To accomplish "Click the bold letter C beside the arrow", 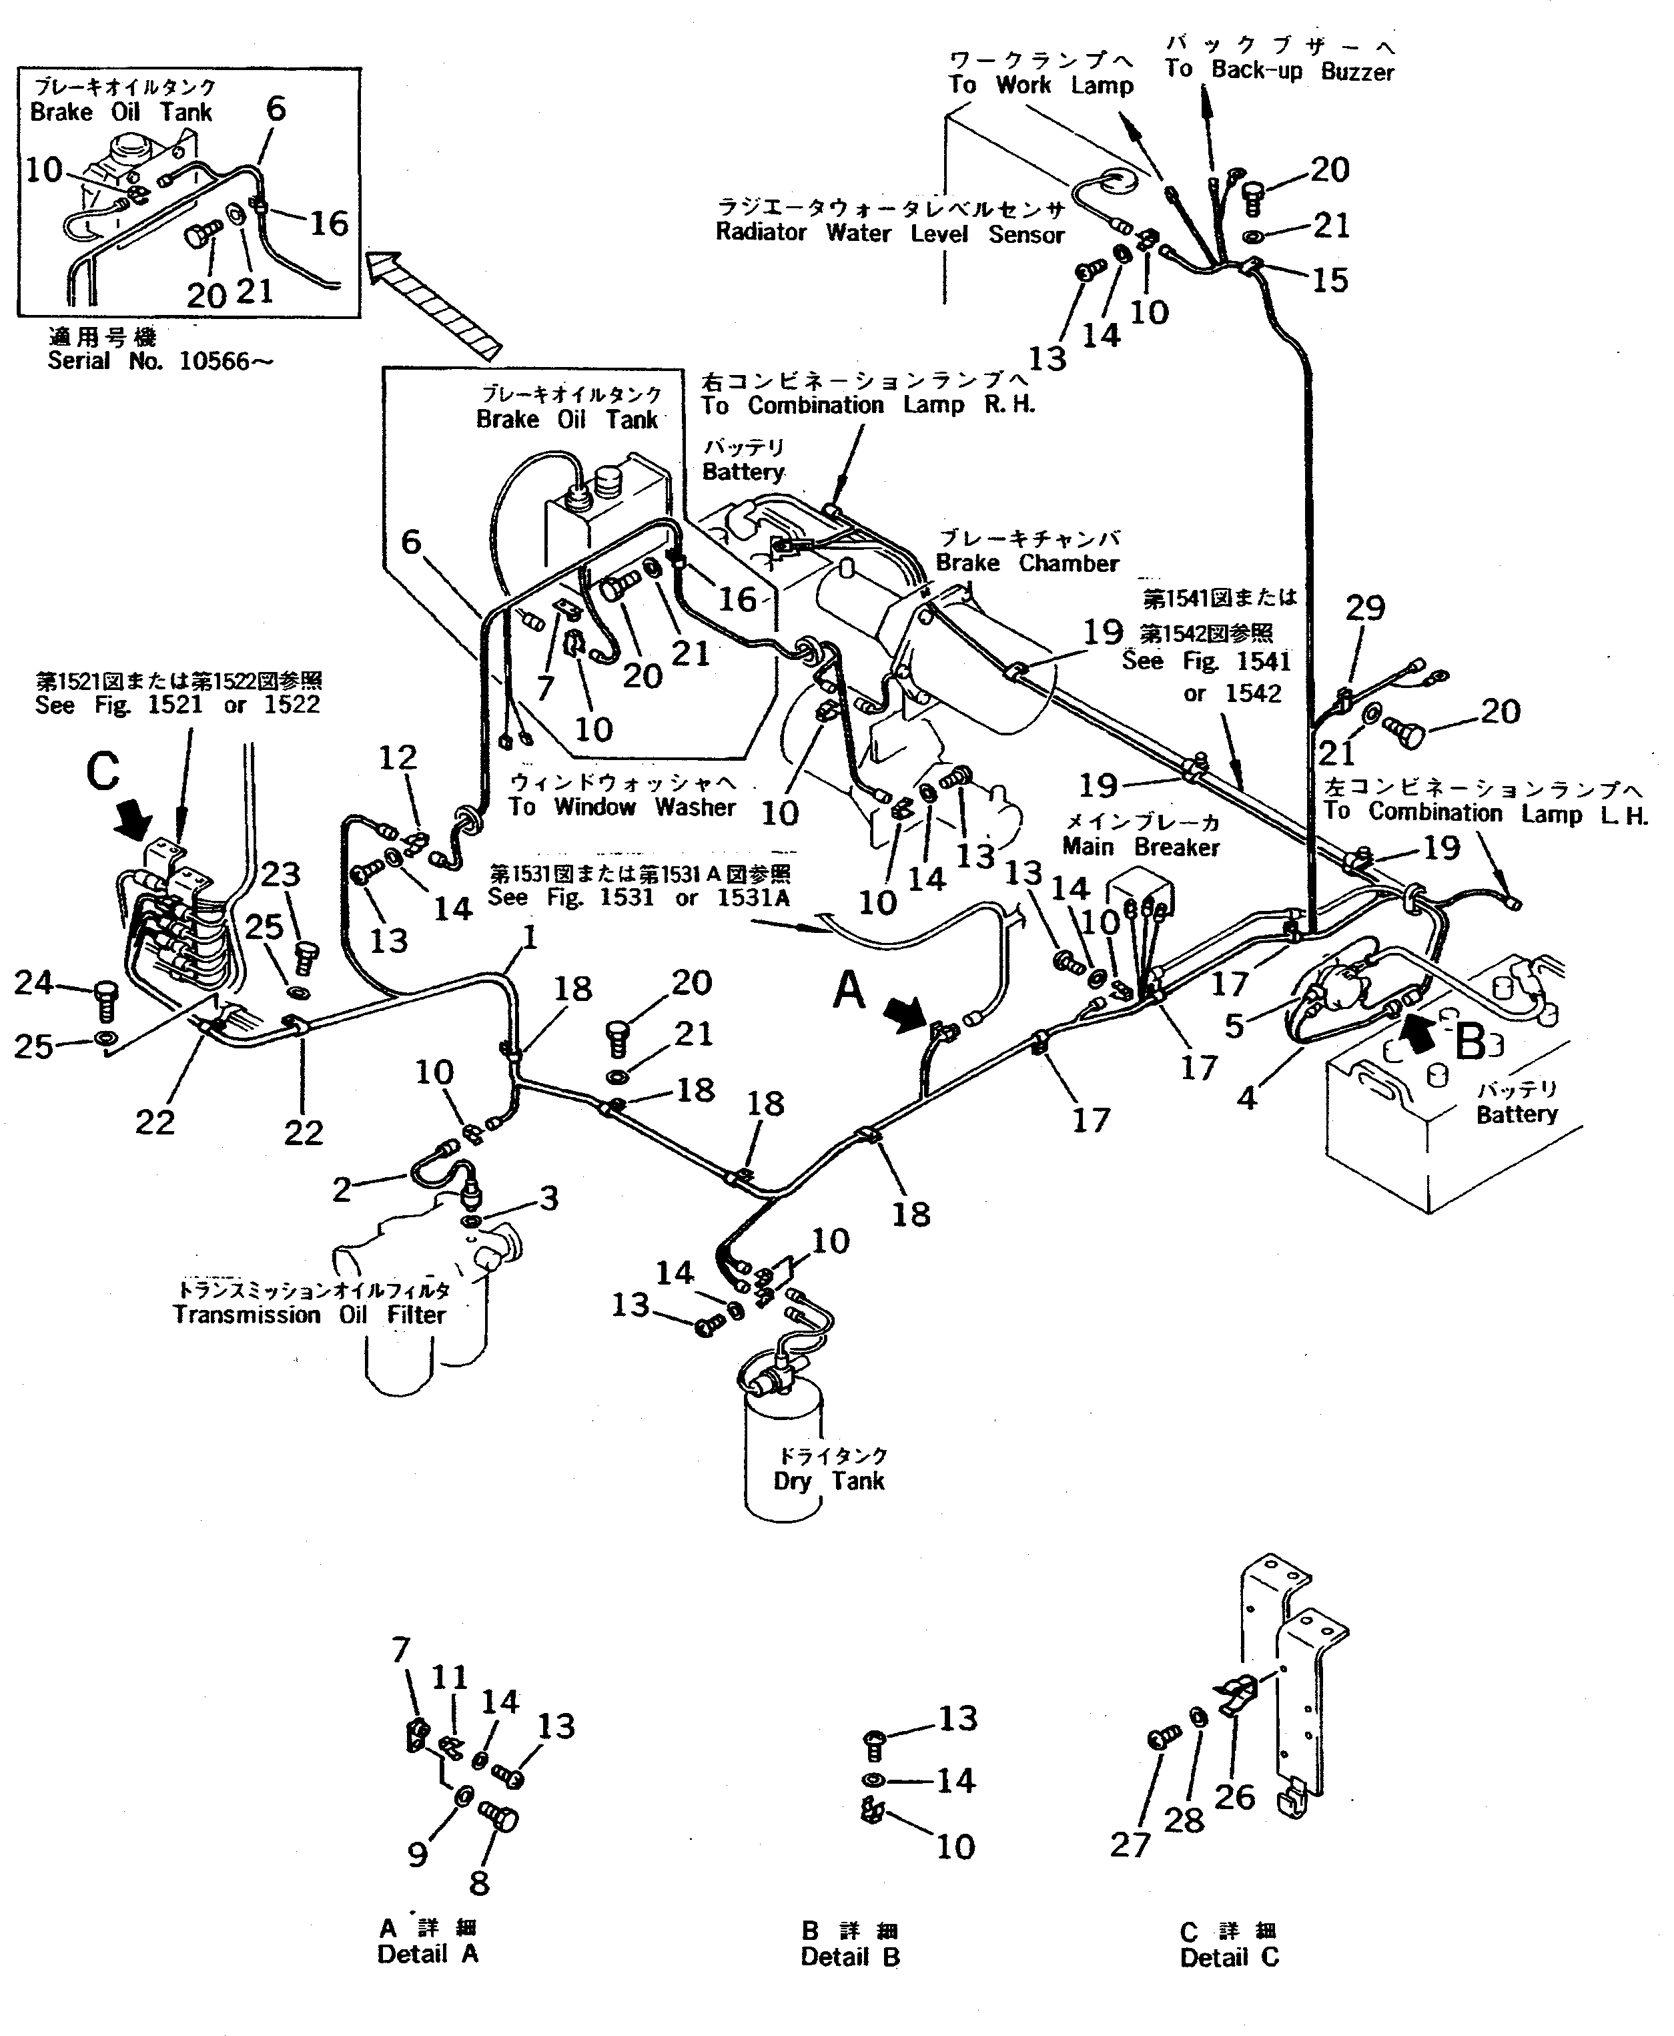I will click(103, 771).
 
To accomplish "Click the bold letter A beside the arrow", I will click(849, 990).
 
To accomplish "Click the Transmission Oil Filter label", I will click(310, 1315).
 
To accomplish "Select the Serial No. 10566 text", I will click(160, 362).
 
